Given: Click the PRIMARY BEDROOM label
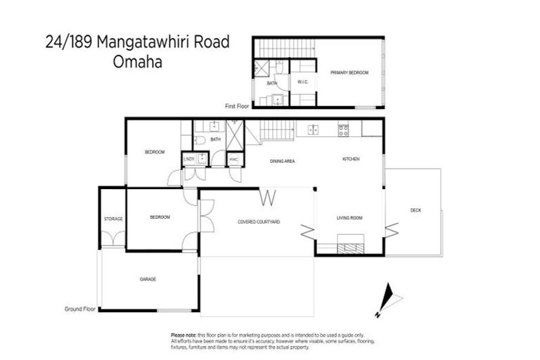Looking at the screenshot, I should pos(349,72).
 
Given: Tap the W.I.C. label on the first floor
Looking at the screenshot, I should pos(303,82).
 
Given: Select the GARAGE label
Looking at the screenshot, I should pos(148,279).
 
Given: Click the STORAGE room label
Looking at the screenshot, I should pos(113,219).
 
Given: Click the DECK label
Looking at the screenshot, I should pos(416,210).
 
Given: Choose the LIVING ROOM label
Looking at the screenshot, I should pos(349,218).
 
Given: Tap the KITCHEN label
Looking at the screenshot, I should pos(351,160).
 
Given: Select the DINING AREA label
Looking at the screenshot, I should pos(282,161).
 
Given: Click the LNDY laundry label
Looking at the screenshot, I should pos(188,160).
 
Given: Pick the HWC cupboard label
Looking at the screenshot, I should pos(233,160).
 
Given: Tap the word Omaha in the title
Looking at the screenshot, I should pos(138,61).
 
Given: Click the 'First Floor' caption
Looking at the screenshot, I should pos(238,106).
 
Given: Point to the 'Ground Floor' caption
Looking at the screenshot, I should pos(80,308).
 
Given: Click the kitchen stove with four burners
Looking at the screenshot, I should pos(344,129).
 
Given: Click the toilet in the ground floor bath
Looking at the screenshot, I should pos(200,141).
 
